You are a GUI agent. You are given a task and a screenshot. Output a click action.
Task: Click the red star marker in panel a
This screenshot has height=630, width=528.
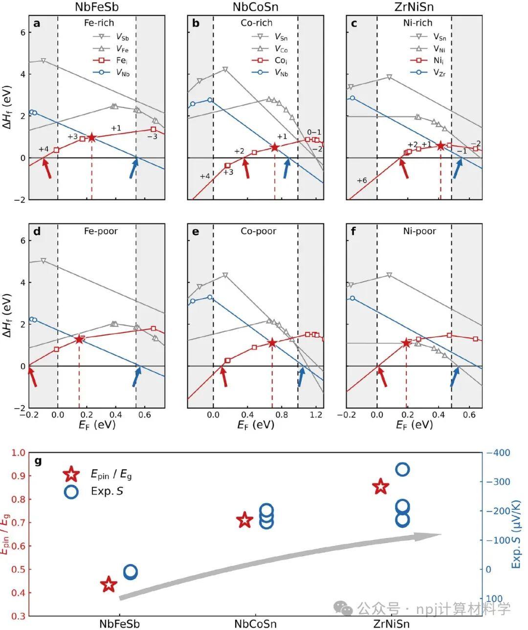pos(91,138)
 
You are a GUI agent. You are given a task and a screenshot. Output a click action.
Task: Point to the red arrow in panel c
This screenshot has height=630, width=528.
pos(404,168)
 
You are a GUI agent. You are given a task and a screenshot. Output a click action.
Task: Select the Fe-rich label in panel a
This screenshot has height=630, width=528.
pos(99,23)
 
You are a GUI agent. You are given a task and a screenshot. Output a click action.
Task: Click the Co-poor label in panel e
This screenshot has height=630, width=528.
pos(258,231)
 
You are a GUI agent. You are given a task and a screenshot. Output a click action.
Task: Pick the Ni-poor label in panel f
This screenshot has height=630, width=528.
pos(419,231)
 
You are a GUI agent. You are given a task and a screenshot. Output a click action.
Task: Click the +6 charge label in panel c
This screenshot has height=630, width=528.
pos(362,180)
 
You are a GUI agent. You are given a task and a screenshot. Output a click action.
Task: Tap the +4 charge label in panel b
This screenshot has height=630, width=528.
pos(205,176)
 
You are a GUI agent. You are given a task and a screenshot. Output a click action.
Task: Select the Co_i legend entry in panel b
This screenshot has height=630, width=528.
pos(269,61)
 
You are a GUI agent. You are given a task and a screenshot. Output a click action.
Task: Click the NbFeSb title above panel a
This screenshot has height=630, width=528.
pos(97,7)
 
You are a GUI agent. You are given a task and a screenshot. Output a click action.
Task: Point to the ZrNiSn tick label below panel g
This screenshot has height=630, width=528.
pos(391,624)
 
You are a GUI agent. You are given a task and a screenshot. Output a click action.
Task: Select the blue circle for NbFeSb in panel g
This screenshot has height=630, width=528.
pos(131,572)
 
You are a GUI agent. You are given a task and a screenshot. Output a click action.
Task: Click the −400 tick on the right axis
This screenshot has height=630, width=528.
pos(498,453)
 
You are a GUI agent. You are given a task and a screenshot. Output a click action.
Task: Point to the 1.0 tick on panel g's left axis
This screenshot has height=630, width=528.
pos(18,453)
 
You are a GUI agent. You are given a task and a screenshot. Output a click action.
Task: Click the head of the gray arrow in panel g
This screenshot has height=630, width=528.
pos(441,534)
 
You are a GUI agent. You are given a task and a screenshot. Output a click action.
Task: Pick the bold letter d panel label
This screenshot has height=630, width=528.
pos(37,231)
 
